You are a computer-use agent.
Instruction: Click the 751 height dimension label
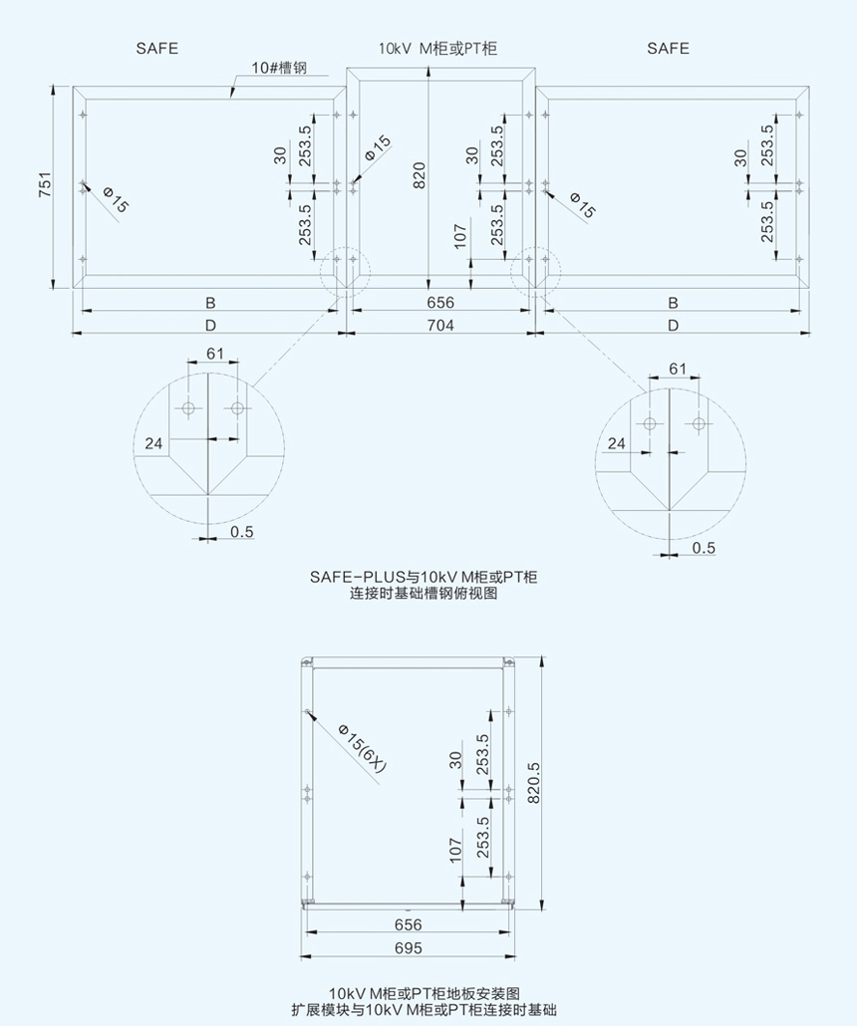(x=46, y=186)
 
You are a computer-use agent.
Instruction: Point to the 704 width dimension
(x=439, y=326)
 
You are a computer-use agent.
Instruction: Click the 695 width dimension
(x=409, y=948)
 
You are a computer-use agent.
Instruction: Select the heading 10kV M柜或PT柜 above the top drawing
(x=437, y=48)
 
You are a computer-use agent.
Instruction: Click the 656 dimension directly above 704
(x=439, y=302)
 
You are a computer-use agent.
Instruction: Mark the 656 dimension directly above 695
(x=409, y=924)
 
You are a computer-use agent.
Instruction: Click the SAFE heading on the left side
(x=157, y=48)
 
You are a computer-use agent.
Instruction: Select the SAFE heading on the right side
(x=668, y=48)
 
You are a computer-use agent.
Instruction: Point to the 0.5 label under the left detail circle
(x=241, y=532)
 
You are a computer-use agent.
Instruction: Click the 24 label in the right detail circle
(x=617, y=443)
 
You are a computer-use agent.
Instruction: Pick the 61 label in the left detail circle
(x=215, y=353)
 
